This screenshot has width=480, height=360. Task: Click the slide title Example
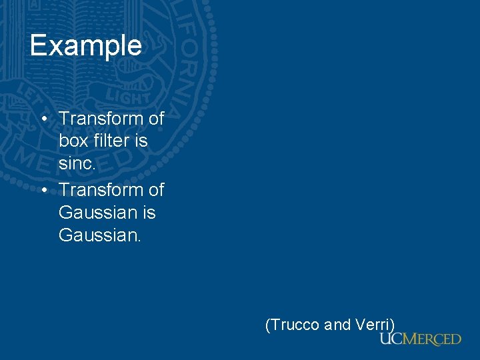[85, 45]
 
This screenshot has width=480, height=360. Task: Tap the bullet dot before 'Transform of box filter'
[43, 119]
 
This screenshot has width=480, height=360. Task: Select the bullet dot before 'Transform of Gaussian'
[43, 190]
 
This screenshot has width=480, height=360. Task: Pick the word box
[73, 141]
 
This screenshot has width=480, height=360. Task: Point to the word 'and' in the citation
[337, 325]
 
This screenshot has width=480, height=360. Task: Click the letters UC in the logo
[391, 339]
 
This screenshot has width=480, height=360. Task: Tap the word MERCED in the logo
[431, 339]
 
